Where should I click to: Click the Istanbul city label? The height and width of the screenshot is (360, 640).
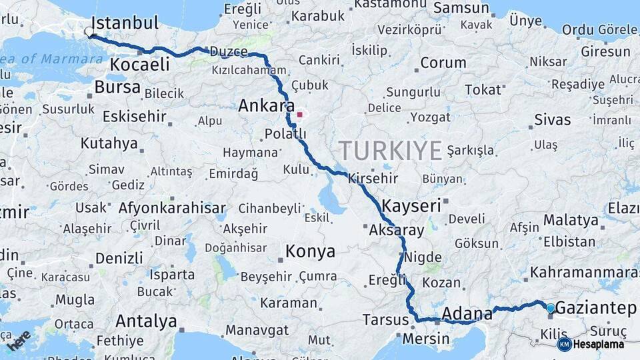pyautogui.click(x=125, y=23)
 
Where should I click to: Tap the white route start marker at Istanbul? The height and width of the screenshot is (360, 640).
pyautogui.click(x=89, y=31)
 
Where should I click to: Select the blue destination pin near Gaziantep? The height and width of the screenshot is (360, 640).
pyautogui.click(x=550, y=308)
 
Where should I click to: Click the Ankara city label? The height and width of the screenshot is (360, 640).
pyautogui.click(x=267, y=105)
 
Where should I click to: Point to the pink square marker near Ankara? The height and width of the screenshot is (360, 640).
pyautogui.click(x=300, y=115)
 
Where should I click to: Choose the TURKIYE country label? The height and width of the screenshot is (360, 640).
pyautogui.click(x=390, y=151)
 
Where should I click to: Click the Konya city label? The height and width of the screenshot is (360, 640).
pyautogui.click(x=310, y=251)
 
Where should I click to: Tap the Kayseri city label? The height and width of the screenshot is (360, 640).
pyautogui.click(x=411, y=205)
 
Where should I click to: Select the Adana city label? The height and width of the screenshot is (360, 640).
pyautogui.click(x=462, y=313)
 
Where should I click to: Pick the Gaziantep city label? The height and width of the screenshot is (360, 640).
pyautogui.click(x=595, y=308)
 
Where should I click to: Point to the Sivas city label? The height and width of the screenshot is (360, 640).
pyautogui.click(x=553, y=120)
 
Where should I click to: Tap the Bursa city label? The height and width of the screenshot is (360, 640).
pyautogui.click(x=117, y=87)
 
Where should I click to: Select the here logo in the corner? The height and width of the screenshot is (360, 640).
pyautogui.click(x=19, y=341)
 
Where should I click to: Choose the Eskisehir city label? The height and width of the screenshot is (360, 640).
pyautogui.click(x=134, y=117)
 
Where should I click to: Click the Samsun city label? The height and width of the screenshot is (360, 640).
pyautogui.click(x=461, y=8)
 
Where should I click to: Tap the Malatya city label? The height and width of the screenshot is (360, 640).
pyautogui.click(x=571, y=220)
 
